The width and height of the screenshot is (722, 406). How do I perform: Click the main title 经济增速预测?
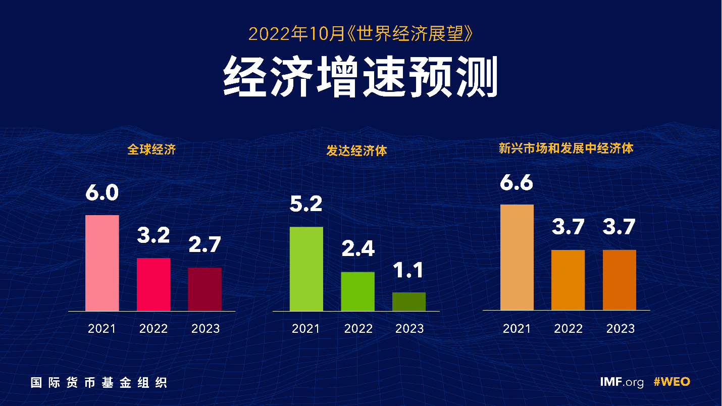[360, 77]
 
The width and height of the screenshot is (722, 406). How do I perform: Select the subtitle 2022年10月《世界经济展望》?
[360, 34]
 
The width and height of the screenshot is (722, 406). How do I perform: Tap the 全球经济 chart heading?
[151, 149]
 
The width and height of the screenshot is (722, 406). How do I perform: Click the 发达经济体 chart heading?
[356, 150]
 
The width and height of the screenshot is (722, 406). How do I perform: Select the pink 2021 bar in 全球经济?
[102, 263]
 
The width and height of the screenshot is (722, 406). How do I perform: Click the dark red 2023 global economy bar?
[204, 289]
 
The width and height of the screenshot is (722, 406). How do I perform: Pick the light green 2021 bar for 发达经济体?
[306, 269]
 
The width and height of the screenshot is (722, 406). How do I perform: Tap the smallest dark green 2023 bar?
[409, 301]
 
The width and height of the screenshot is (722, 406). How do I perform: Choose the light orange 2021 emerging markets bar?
[517, 257]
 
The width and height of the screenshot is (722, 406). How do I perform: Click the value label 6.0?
[102, 193]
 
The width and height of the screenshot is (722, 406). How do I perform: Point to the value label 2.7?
[205, 245]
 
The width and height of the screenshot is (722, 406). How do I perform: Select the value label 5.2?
[306, 205]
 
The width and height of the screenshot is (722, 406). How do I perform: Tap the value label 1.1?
[409, 271]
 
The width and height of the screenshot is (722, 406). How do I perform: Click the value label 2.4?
[357, 249]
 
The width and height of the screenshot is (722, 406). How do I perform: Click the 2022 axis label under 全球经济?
[153, 329]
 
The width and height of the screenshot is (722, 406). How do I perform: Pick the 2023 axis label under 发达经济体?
[409, 329]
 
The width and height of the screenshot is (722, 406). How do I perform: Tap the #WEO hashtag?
[672, 382]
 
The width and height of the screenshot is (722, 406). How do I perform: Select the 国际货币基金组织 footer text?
[99, 382]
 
